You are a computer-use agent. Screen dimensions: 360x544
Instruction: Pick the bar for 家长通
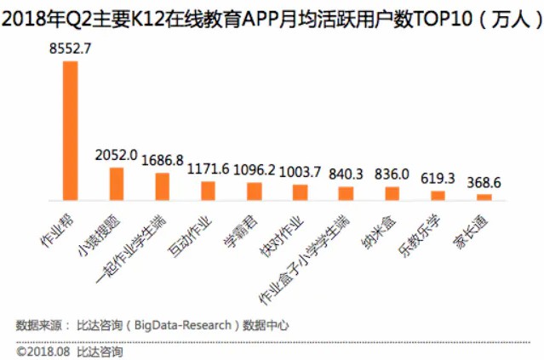[x=484, y=197]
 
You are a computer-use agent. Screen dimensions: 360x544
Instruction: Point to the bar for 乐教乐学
[x=438, y=195]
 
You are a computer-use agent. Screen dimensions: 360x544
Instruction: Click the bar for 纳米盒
[x=392, y=192]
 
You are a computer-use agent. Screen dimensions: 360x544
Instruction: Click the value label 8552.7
[x=71, y=50]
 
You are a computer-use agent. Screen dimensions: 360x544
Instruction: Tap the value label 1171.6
[x=208, y=169]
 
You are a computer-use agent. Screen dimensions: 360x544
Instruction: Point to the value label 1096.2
[x=254, y=170]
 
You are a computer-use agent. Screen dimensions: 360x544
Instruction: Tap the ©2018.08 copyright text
[x=43, y=351]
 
